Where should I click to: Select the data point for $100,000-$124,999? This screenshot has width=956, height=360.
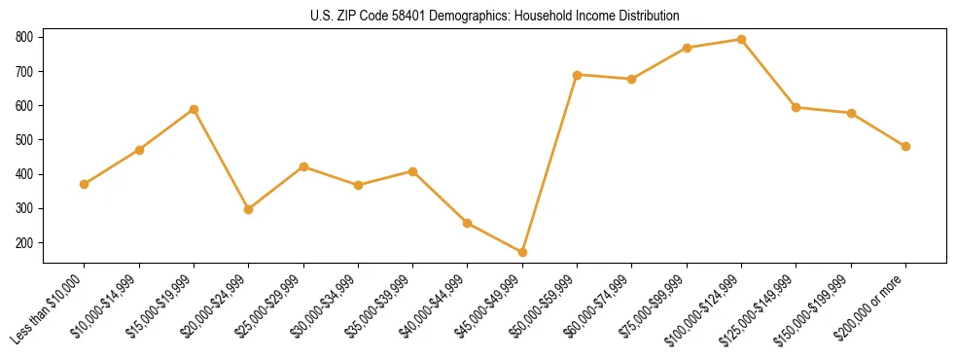coord(741,40)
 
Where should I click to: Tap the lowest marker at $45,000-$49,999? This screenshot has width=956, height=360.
coord(522,253)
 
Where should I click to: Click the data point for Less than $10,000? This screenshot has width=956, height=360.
coord(85,184)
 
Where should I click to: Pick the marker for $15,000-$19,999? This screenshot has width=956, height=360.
coord(194,109)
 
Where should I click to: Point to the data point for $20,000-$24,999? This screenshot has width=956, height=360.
coord(249,209)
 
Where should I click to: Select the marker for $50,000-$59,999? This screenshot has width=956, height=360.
coord(577,75)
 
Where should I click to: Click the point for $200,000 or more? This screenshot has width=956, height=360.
coord(905,147)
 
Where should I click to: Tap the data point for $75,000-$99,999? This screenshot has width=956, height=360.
coord(687,48)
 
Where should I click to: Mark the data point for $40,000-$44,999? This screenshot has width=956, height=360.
coord(468,223)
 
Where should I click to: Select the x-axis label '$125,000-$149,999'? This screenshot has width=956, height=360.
coord(761,309)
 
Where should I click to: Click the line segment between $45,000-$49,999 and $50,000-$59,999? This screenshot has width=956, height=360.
coord(549,163)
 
